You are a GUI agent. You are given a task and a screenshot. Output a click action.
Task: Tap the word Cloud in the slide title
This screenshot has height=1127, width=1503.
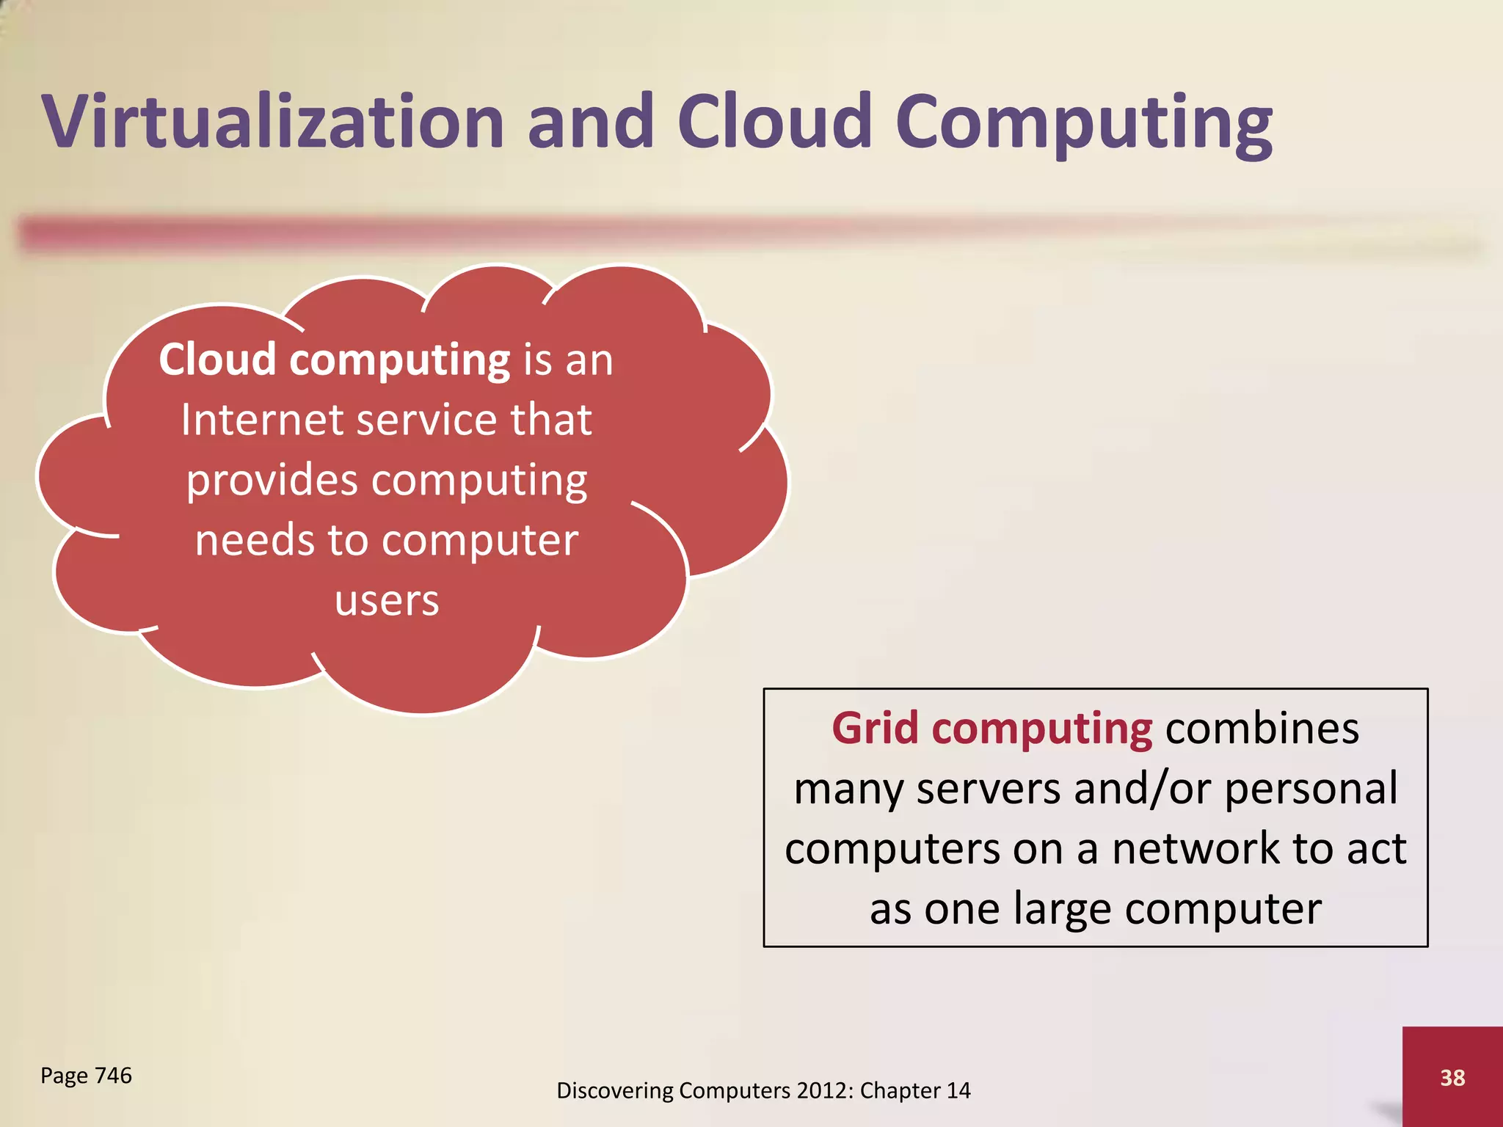point(774,122)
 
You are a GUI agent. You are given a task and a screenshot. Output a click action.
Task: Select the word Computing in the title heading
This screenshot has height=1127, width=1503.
point(1084,125)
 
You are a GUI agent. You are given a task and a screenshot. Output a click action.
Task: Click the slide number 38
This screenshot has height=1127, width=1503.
point(1452,1078)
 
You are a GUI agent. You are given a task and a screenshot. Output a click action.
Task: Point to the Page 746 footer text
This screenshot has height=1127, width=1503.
point(86,1076)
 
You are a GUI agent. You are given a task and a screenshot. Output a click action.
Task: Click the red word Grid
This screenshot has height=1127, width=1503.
point(875,729)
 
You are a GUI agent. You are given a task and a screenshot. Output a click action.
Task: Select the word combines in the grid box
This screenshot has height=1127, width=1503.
point(1262,729)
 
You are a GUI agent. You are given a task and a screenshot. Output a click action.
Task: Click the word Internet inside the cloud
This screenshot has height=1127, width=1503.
point(262,420)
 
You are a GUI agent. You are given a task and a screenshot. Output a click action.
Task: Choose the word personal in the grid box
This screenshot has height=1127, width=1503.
point(1311,789)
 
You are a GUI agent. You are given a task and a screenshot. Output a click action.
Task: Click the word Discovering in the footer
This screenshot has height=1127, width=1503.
point(614,1091)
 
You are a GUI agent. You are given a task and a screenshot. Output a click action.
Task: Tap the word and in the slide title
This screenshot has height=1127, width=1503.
point(590,122)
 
